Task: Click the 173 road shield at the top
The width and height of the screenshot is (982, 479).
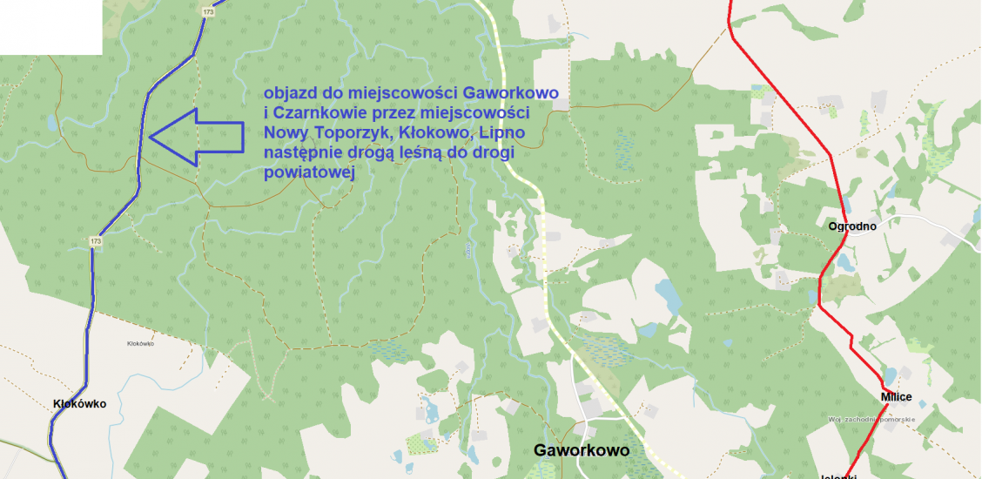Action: point(206,12)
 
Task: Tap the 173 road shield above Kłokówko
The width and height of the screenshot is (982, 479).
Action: point(96,241)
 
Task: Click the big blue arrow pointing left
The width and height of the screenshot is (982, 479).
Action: point(195,137)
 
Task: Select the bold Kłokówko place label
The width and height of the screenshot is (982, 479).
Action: point(79,404)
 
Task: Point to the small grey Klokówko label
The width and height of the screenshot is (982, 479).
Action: point(140,344)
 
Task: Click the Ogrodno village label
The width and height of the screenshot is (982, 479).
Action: point(852,226)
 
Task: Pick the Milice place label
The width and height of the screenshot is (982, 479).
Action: point(896,397)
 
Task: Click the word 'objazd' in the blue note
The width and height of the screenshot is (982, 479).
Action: point(291,93)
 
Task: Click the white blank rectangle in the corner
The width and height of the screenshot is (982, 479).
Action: point(50,26)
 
